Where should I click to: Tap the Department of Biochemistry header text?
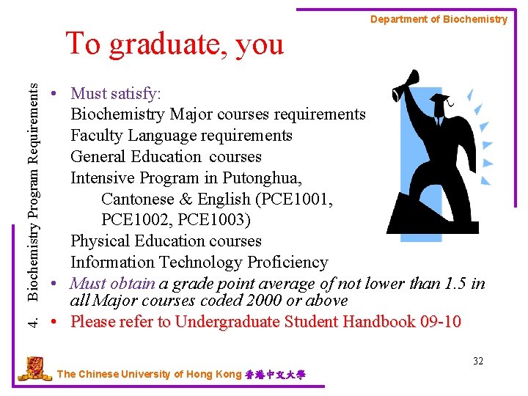(x=439, y=20)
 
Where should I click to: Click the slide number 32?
(x=478, y=361)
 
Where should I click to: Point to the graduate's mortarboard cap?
(x=439, y=99)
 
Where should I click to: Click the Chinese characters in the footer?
(x=276, y=375)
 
